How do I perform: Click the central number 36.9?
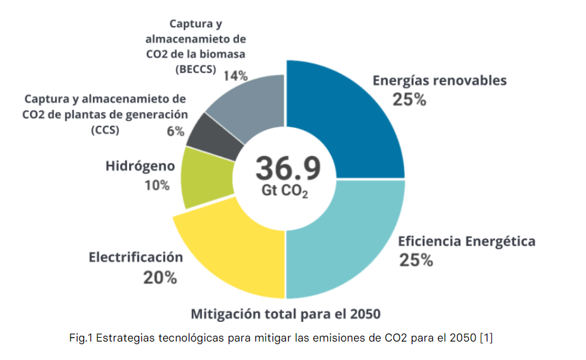(287, 168)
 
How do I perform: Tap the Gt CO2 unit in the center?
(288, 191)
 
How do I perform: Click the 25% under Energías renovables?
(409, 100)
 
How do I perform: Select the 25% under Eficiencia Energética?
(416, 260)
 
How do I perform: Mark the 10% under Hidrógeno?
(156, 186)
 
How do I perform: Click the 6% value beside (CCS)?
(175, 132)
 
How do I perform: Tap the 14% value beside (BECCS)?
(235, 76)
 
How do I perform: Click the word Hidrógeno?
(140, 167)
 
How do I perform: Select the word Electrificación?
(135, 258)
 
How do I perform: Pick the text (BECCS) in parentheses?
(196, 69)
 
